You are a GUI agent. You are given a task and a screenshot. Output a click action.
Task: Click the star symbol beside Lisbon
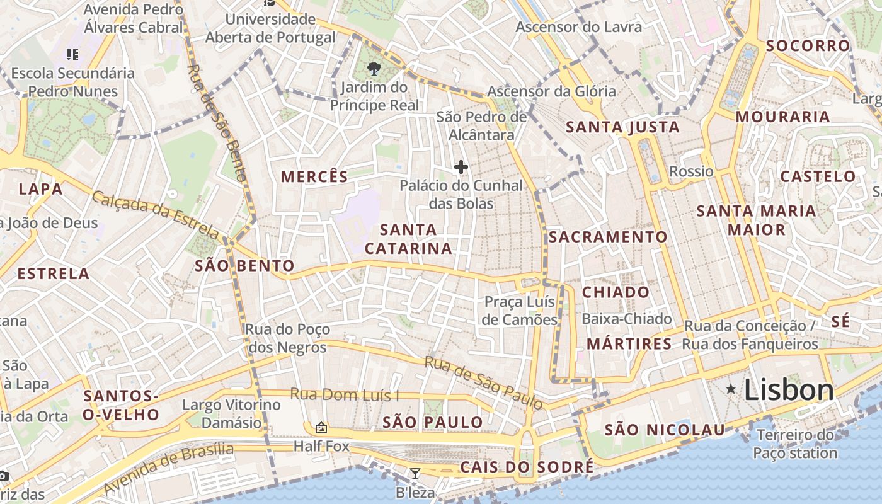pyautogui.click(x=731, y=389)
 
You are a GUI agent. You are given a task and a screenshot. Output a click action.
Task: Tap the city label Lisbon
pyautogui.click(x=789, y=390)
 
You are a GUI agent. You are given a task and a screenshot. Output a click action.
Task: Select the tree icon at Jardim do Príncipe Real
pyautogui.click(x=374, y=67)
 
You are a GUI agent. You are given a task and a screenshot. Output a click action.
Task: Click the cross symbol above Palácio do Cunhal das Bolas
pyautogui.click(x=461, y=167)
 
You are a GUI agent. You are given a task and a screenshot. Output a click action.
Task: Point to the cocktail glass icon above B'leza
pyautogui.click(x=415, y=474)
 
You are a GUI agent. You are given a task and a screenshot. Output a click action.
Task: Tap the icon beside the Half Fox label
pyautogui.click(x=321, y=428)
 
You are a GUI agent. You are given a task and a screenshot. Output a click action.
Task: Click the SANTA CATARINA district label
pyautogui.click(x=408, y=239)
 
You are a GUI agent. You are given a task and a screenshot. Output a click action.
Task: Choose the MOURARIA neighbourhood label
pyautogui.click(x=782, y=117)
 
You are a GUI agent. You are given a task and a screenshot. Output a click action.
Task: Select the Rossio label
pyautogui.click(x=691, y=171)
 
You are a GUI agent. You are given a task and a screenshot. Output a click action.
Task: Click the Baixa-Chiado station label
pyautogui.click(x=626, y=319)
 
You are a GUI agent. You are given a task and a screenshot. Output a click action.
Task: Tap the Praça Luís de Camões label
pyautogui.click(x=520, y=311)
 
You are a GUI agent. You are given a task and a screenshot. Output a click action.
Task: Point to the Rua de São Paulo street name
pyautogui.click(x=483, y=382)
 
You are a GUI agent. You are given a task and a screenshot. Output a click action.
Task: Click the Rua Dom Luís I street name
pyautogui.click(x=344, y=395)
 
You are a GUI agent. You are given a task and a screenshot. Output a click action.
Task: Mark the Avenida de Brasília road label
pyautogui.click(x=168, y=468)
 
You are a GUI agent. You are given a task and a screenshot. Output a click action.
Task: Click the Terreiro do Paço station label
pyautogui.click(x=795, y=444)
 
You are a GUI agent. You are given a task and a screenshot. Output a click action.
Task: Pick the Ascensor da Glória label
pyautogui.click(x=551, y=91)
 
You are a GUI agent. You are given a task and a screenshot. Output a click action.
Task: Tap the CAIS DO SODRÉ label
pyautogui.click(x=527, y=467)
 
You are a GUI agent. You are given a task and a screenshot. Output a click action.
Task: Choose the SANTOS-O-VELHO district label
pyautogui.click(x=121, y=405)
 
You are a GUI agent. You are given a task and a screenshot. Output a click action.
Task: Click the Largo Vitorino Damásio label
pyautogui.click(x=231, y=413)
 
